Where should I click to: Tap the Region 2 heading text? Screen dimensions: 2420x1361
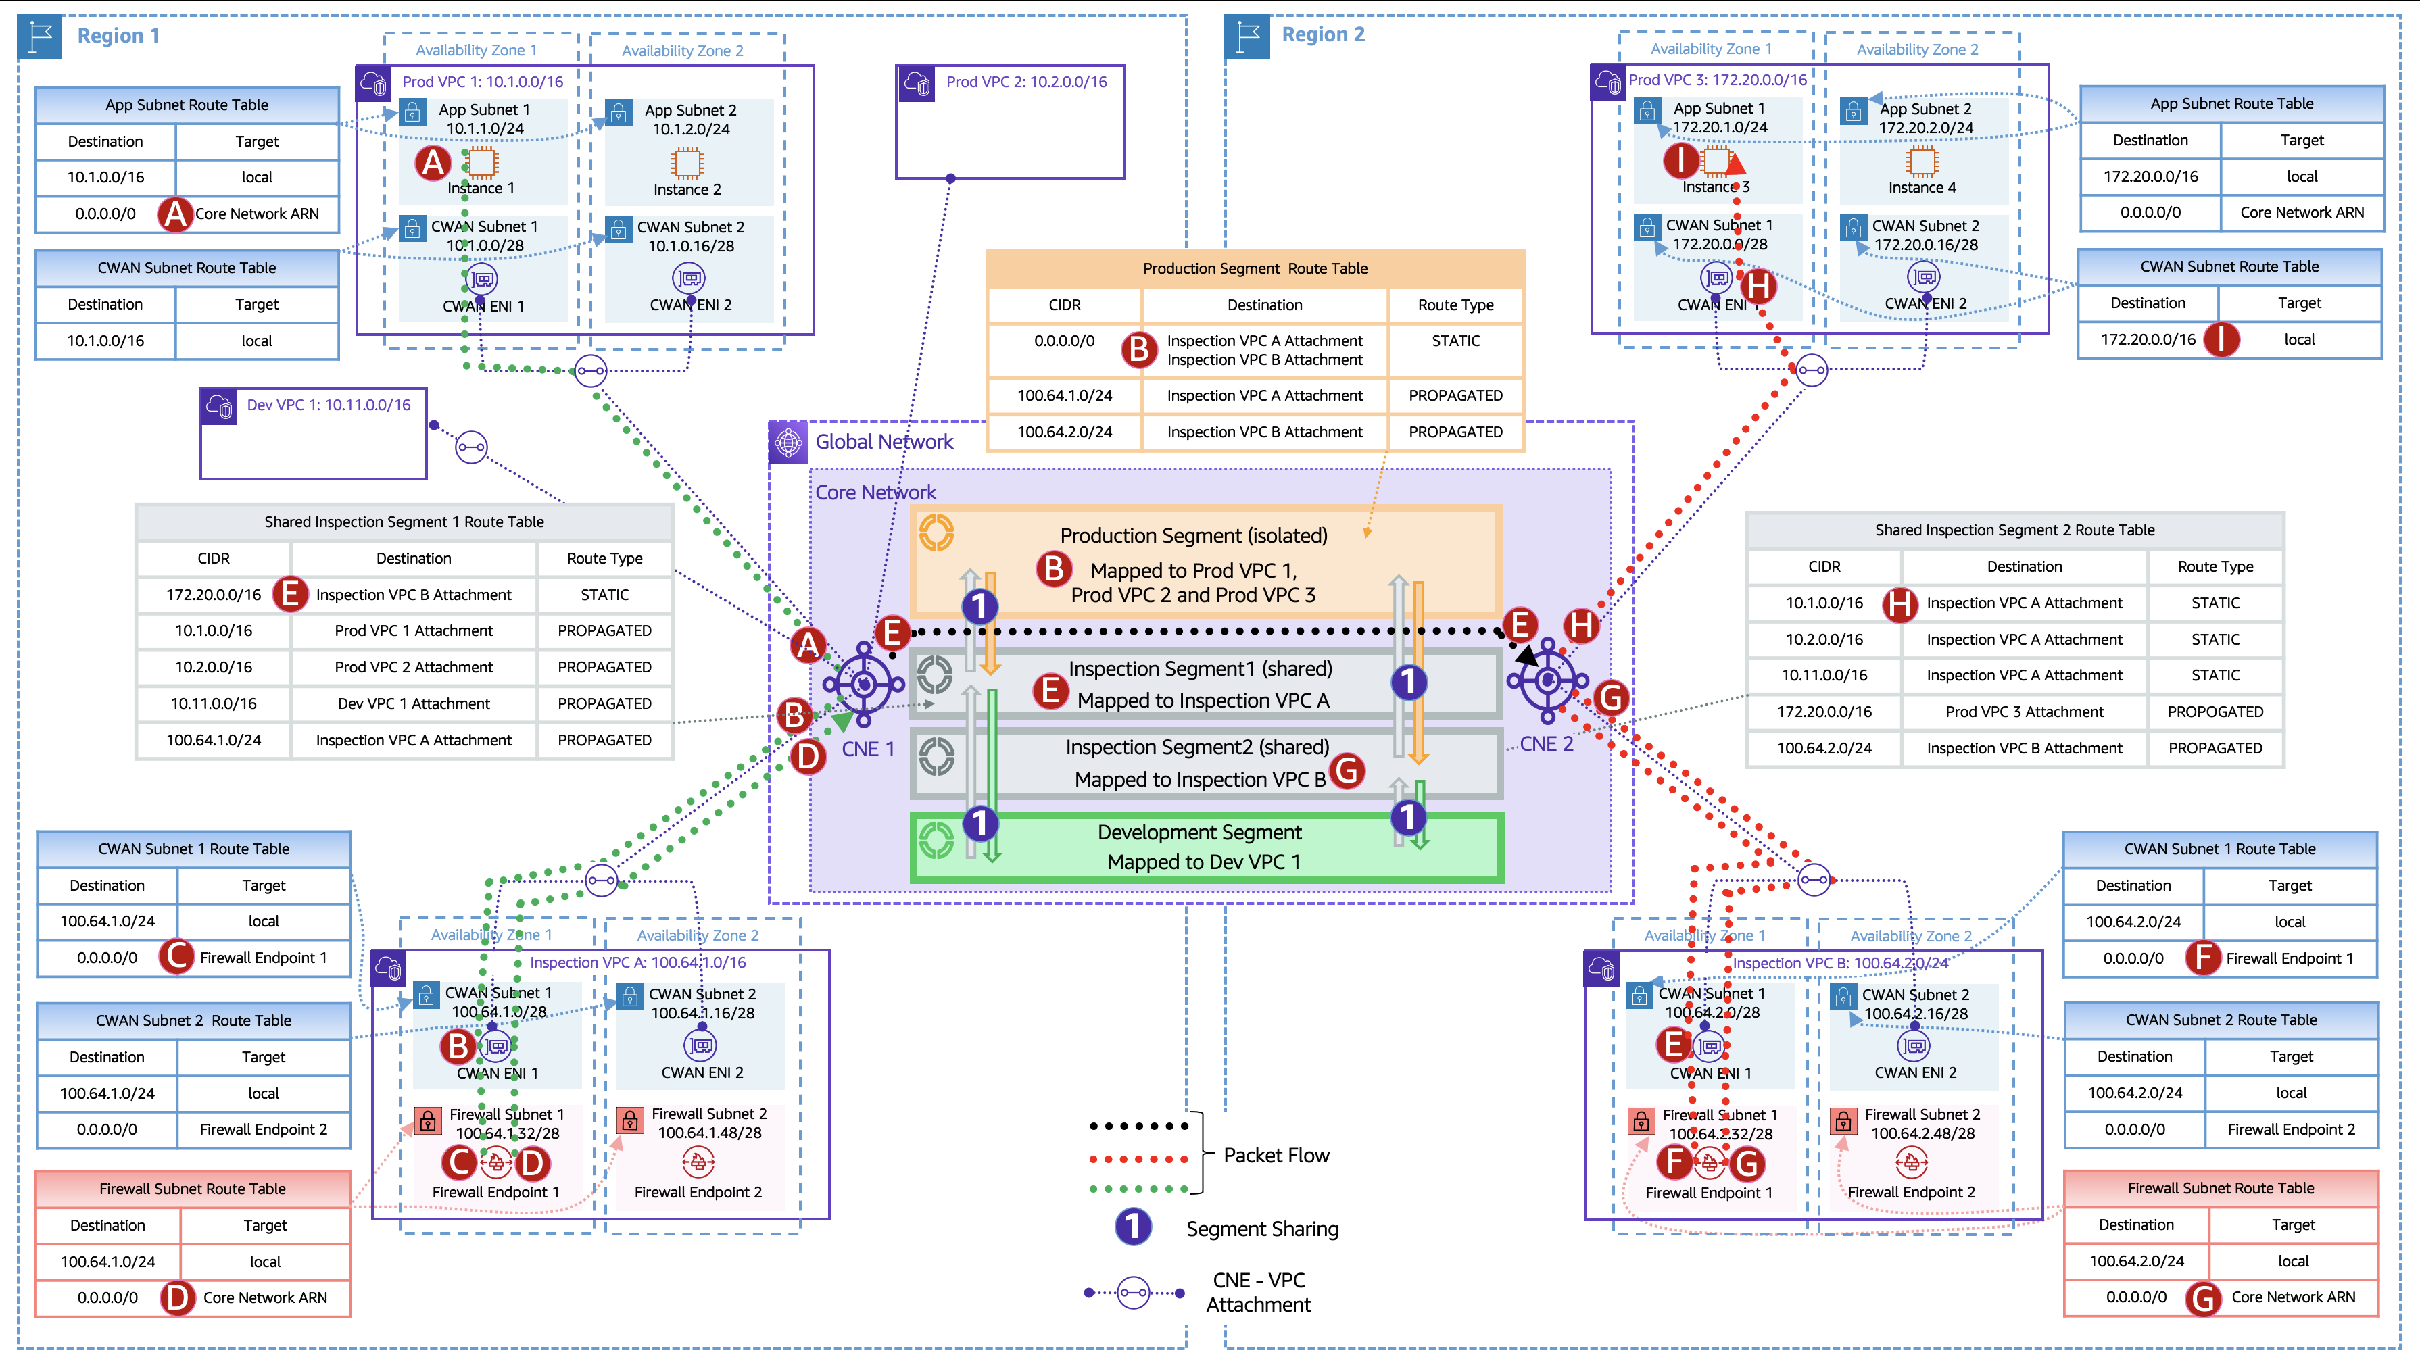1323,34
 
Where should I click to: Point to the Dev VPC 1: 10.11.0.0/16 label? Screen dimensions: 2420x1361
329,405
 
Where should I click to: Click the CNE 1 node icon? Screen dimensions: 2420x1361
863,684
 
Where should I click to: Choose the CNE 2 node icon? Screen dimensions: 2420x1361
1547,679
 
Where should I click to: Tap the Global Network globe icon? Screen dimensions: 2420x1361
788,441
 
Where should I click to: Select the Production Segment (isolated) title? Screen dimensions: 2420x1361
1193,535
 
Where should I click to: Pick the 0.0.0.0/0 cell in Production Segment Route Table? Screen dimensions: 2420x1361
1065,341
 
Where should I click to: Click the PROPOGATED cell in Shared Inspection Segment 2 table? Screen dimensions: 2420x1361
2215,712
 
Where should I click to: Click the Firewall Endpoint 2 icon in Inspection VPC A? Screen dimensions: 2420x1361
698,1163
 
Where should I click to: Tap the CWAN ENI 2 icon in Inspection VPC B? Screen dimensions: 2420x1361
1914,1045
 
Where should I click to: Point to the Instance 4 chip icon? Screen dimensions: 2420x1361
1922,162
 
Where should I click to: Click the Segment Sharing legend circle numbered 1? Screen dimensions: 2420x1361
1133,1227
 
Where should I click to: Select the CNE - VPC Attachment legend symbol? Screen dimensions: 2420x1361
1134,1293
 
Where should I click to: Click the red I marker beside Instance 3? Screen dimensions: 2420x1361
1680,161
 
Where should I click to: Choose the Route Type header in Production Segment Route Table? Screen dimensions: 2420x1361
1455,305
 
